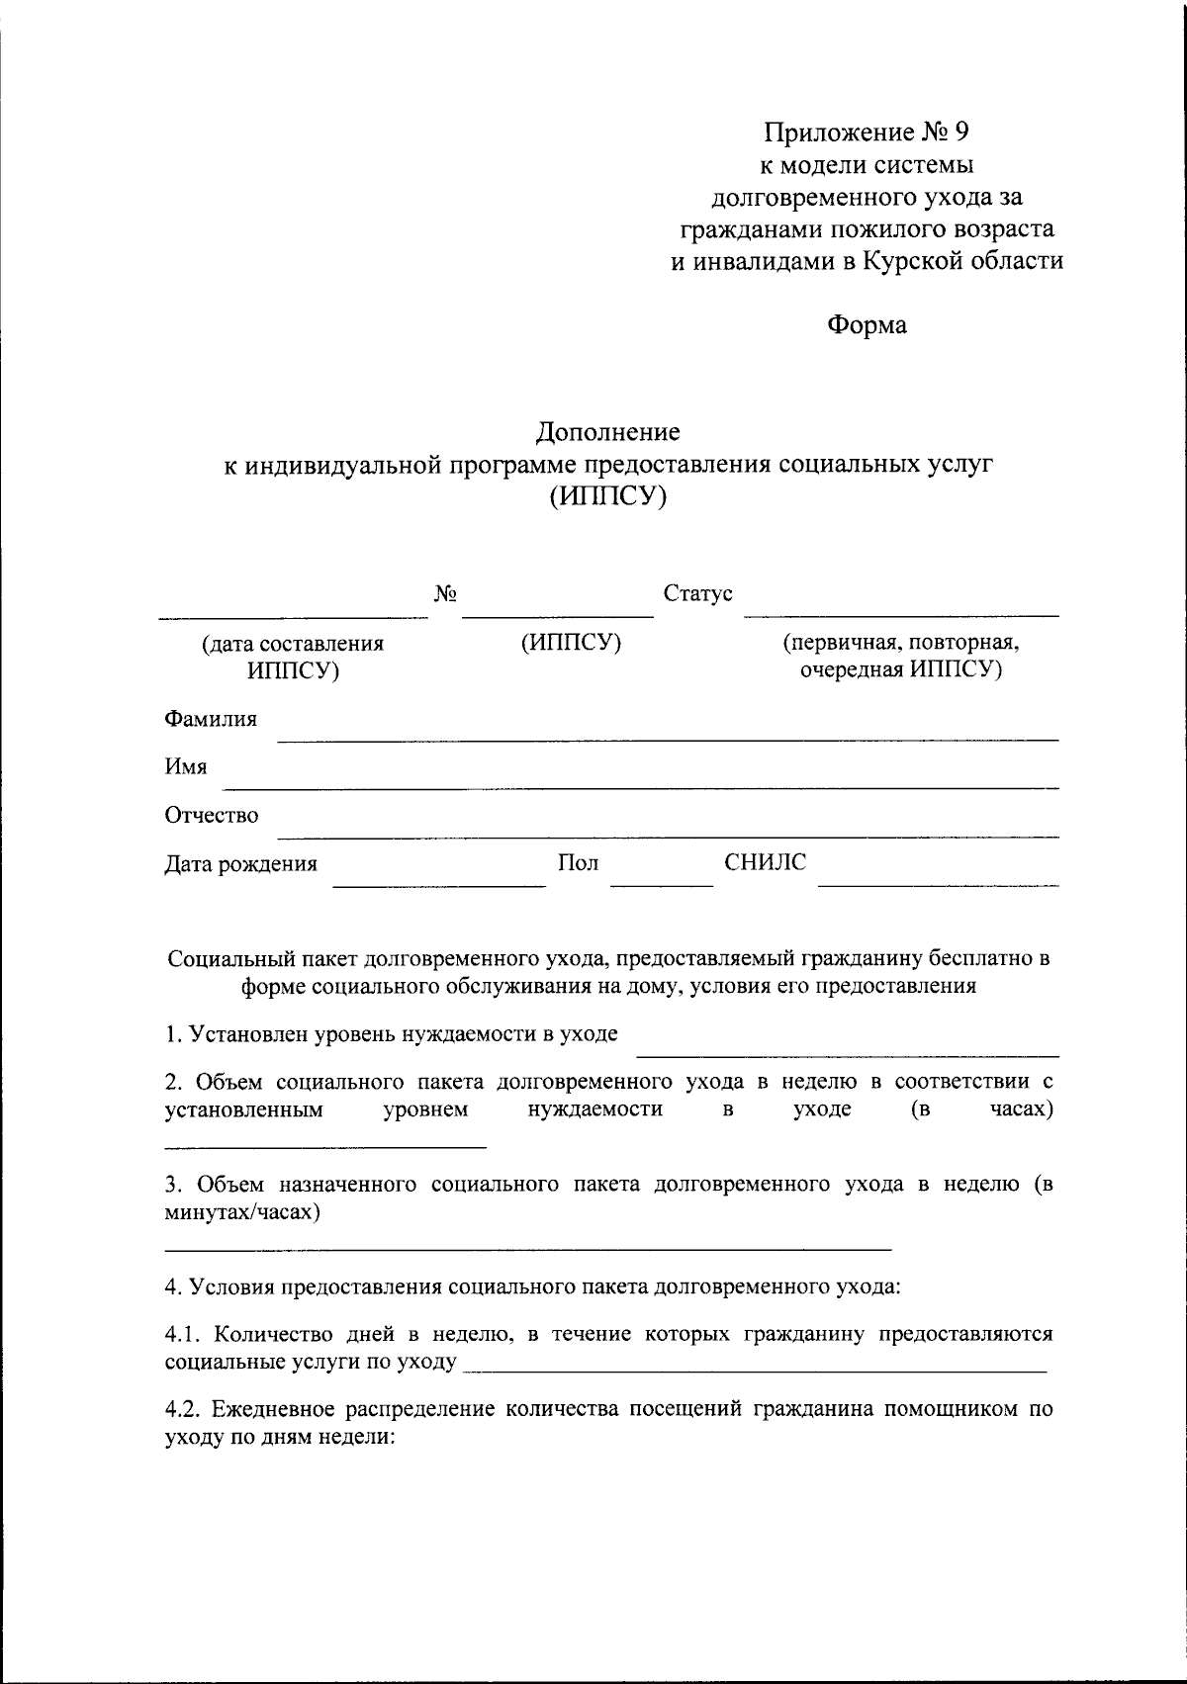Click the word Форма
867,324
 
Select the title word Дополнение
608,432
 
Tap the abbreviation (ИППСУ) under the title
608,497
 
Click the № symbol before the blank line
445,594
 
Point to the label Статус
697,594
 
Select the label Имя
186,766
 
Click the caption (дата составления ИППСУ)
293,657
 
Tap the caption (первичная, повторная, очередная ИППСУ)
901,657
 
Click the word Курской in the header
911,261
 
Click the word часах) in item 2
1021,1109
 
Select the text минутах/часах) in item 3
241,1212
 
